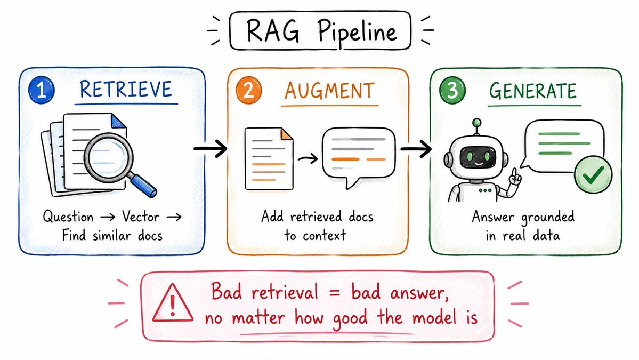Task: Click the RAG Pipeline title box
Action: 320,30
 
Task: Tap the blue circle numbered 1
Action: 42,90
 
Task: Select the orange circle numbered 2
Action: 248,90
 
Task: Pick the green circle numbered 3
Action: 452,90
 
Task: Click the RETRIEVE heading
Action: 126,90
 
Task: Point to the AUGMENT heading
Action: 329,91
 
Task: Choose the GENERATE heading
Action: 533,91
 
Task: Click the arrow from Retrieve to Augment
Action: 211,148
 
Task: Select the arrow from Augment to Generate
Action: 416,148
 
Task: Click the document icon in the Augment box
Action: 269,158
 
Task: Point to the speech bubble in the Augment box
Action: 359,157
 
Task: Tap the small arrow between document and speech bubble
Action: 308,158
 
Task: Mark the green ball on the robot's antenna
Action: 476,122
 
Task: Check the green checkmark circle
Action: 593,175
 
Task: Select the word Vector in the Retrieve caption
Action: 141,217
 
